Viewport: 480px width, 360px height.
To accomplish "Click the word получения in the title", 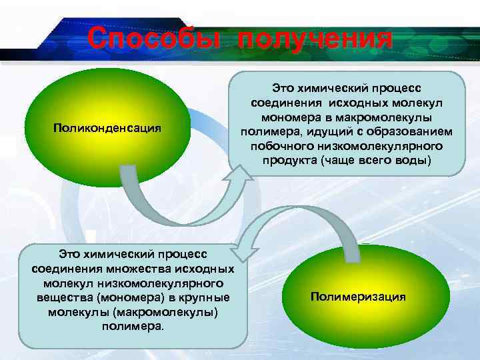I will (x=315, y=38).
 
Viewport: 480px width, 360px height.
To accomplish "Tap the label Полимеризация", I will (x=358, y=296).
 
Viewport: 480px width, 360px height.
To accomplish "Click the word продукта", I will (x=289, y=161).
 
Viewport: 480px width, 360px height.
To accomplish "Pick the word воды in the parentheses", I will (x=413, y=161).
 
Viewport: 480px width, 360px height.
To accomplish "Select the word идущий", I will (x=319, y=131).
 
